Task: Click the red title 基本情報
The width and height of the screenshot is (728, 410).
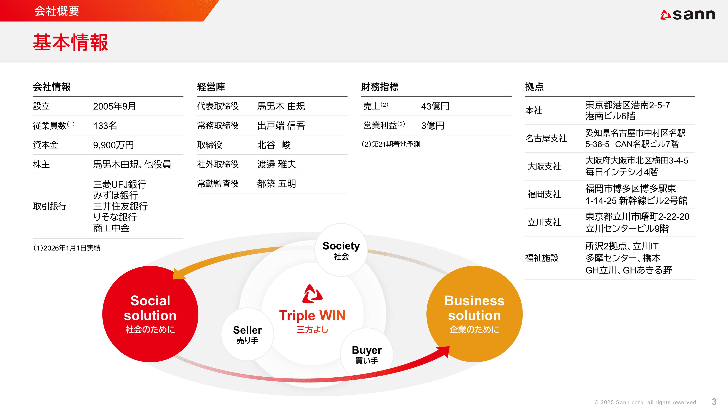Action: point(71,42)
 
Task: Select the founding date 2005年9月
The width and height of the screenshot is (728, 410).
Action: point(114,106)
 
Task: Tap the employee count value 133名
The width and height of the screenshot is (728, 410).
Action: point(105,126)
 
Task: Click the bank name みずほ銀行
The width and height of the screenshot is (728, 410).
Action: point(116,195)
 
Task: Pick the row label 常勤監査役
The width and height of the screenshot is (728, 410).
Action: point(218,184)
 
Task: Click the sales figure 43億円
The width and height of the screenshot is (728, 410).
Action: point(435,106)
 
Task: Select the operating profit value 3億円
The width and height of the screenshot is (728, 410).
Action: point(433,126)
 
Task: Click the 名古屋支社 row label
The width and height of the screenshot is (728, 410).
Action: point(546,138)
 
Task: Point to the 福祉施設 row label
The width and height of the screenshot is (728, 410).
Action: point(542,258)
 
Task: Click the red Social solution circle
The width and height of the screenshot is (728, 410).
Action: point(150,314)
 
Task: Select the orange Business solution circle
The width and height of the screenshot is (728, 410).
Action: point(474,314)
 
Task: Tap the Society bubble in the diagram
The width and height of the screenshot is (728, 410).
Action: point(341,250)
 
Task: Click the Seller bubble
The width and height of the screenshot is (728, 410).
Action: point(248,334)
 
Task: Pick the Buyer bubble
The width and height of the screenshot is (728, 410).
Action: point(367,354)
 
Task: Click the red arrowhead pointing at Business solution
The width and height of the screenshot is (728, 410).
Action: point(442,352)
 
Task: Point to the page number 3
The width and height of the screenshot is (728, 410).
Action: point(714,402)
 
